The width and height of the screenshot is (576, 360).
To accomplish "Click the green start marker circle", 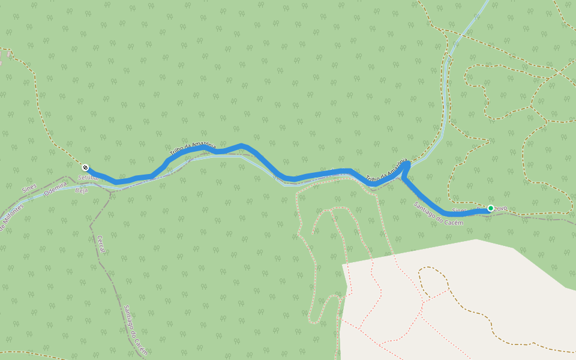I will pos(490,208).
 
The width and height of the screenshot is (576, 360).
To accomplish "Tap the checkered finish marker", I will pos(85,167).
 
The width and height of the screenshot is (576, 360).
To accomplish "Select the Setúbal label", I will pos(88,178).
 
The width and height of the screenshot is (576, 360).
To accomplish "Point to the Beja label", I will pos(81,190).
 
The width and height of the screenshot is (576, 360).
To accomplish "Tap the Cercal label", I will pos(101,244).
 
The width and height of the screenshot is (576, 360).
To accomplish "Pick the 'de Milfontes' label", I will pos(12,217).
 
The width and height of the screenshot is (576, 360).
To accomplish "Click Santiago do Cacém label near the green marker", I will pos(439,214).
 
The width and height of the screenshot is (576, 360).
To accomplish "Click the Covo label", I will pos(500,208).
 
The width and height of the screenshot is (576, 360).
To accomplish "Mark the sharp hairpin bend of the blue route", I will pos(407,164).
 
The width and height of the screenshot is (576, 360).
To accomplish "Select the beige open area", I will pos(456,300).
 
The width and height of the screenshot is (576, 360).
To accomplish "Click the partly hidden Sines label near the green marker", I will pos(459,211).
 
